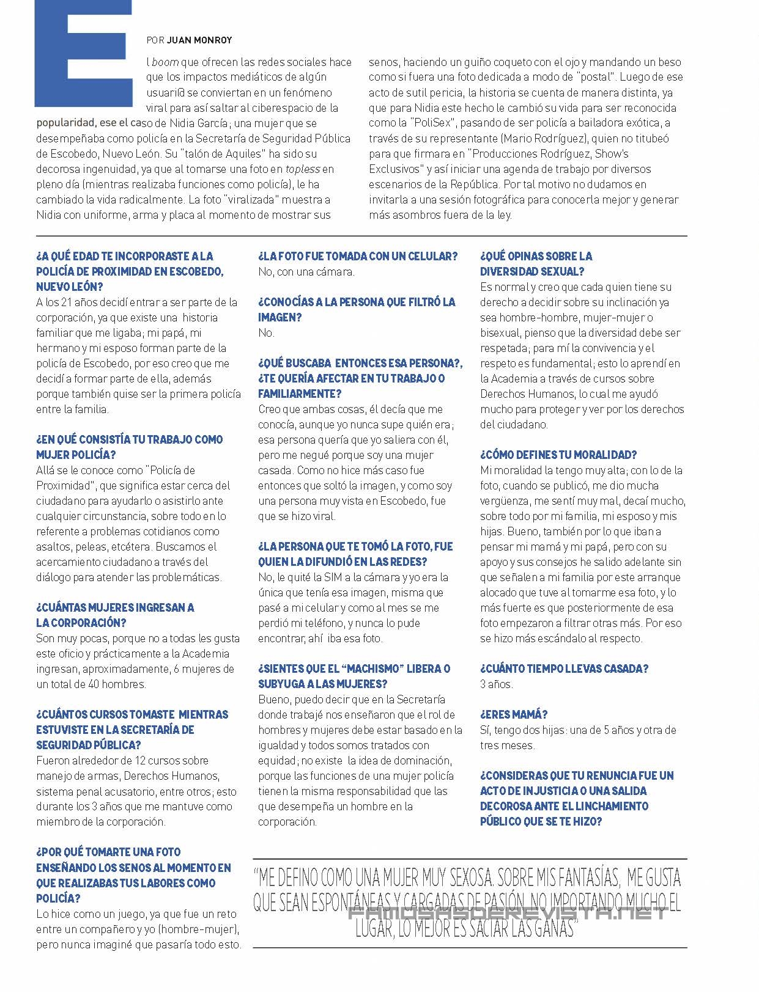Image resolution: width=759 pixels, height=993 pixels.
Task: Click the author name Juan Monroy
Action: (x=199, y=40)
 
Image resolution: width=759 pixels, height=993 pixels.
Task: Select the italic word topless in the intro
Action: (x=303, y=169)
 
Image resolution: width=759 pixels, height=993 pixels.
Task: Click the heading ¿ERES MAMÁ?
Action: (x=514, y=714)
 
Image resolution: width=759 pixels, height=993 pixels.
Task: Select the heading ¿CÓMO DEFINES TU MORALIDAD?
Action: (x=558, y=455)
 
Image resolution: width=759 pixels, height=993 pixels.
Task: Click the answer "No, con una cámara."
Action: (x=306, y=272)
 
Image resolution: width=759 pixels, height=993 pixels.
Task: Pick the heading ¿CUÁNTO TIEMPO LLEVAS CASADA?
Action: (x=564, y=669)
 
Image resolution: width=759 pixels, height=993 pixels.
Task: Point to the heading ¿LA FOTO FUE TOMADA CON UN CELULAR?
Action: (x=358, y=256)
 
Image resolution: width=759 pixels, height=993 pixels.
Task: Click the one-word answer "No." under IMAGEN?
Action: (x=266, y=333)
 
